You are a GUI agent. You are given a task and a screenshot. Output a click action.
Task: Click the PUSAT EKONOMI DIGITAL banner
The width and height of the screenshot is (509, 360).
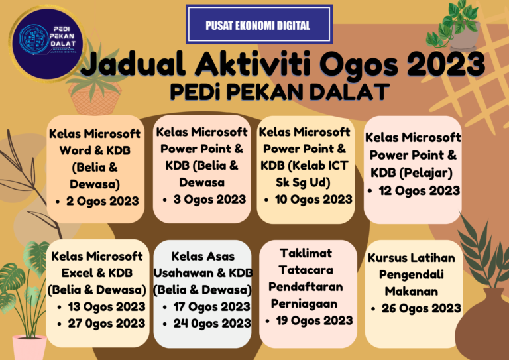[258, 26]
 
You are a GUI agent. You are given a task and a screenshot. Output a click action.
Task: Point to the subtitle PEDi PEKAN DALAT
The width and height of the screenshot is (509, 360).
[278, 92]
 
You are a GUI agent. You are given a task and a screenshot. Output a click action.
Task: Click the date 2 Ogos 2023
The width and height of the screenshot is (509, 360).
[102, 200]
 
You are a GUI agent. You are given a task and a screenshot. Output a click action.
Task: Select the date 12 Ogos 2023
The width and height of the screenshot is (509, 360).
[420, 190]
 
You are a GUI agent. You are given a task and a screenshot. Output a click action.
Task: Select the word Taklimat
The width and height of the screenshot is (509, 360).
[306, 253]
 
